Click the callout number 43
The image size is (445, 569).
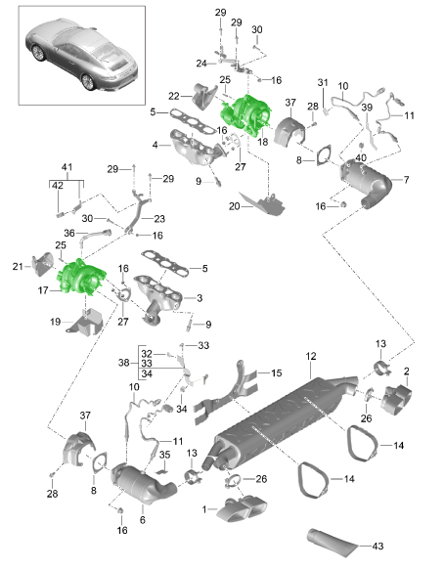[378, 546]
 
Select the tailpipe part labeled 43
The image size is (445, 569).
[333, 543]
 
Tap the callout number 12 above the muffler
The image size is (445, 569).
[311, 356]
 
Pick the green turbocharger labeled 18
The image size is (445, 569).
[246, 112]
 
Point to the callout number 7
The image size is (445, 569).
[406, 179]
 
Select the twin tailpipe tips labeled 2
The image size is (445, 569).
[396, 400]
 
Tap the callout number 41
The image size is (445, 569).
[67, 167]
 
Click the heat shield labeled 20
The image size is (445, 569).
[264, 203]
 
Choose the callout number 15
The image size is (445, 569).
[276, 372]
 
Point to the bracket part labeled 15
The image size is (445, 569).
[226, 394]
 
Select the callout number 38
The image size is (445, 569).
[124, 363]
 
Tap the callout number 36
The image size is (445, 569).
[69, 233]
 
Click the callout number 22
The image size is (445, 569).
[174, 96]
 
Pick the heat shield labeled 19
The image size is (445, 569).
[85, 322]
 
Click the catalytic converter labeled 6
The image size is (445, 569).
[144, 483]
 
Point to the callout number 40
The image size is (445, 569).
[361, 157]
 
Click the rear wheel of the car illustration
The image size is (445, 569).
[88, 82]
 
